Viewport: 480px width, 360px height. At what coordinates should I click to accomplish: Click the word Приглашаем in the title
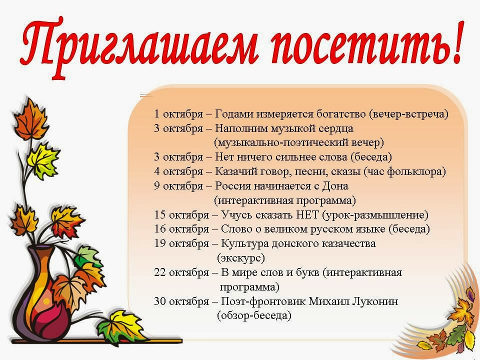(139, 46)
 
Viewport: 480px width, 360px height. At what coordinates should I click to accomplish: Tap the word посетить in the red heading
(355, 46)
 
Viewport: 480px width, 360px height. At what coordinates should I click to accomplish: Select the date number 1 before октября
(156, 114)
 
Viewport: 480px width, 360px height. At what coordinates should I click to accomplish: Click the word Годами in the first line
(234, 114)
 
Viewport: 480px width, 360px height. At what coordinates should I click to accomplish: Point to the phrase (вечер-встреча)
(408, 114)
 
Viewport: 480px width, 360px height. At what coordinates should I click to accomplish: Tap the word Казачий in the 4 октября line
(235, 171)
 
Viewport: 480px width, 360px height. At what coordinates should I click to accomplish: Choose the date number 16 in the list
(160, 229)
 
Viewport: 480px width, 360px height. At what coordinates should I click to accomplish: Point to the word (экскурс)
(241, 258)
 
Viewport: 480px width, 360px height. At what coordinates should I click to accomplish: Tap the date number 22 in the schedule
(160, 272)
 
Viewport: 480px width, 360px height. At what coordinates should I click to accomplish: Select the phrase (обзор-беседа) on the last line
(254, 315)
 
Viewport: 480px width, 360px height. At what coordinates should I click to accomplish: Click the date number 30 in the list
(160, 301)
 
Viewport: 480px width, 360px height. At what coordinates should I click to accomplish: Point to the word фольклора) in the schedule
(416, 171)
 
